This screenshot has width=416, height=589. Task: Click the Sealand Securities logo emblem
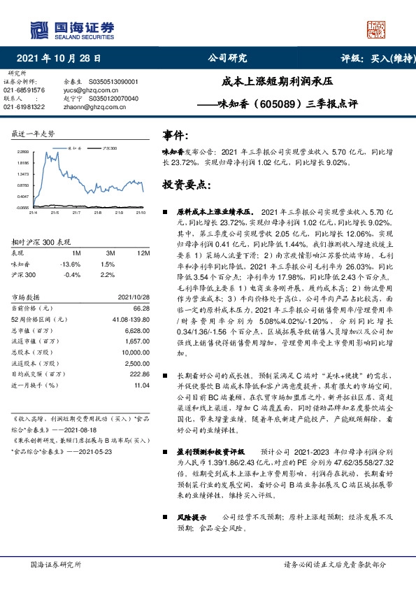40,29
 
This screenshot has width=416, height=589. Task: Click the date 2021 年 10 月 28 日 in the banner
63,59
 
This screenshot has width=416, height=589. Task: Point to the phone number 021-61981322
24,107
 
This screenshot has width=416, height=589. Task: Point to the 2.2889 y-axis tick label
23,152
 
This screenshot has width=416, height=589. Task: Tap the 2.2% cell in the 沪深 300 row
108,275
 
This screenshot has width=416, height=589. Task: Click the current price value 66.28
141,308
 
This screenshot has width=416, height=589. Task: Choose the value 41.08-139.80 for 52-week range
131,320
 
